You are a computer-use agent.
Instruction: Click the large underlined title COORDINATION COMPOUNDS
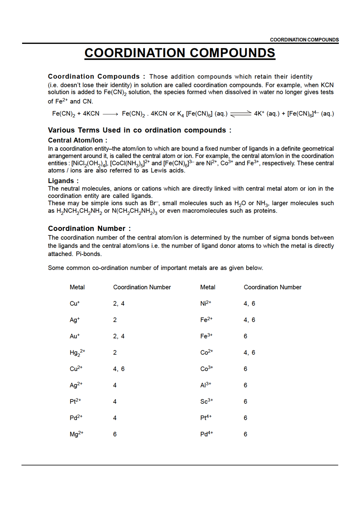click(x=180, y=53)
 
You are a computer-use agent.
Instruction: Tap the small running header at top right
click(x=304, y=40)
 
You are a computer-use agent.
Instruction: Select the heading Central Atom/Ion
click(x=78, y=140)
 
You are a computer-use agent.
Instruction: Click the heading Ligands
click(x=63, y=181)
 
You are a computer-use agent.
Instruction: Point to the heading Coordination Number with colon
click(x=89, y=228)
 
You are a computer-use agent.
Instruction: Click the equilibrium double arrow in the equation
click(x=241, y=114)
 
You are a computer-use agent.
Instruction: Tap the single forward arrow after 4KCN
click(x=110, y=114)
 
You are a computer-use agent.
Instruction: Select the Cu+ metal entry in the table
click(x=75, y=304)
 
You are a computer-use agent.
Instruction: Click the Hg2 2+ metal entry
click(x=77, y=353)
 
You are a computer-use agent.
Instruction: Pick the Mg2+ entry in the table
click(x=76, y=434)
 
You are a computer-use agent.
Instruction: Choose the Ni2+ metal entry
click(x=206, y=304)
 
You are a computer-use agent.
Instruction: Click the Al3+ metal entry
click(x=206, y=385)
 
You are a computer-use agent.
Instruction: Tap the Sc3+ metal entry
click(x=206, y=402)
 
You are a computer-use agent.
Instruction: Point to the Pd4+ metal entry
click(x=206, y=434)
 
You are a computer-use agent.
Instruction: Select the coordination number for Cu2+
click(x=119, y=369)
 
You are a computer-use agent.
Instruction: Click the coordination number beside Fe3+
click(x=245, y=336)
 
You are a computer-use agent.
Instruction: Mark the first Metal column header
click(x=77, y=287)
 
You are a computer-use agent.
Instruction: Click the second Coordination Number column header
click(x=272, y=287)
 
